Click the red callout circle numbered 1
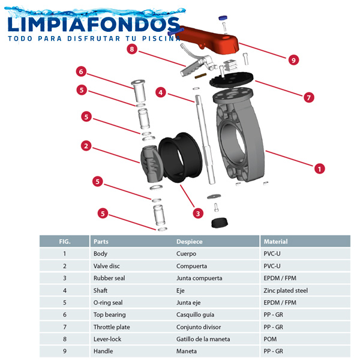pos(319,169)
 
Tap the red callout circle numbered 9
pos(293,60)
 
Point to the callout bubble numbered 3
pos(197,212)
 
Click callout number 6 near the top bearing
pos(81,72)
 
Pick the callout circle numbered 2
pos(86,146)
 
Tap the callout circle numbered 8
pos(131,50)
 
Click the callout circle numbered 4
pos(160,92)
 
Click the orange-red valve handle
pos(210,36)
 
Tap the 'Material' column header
pos(275,241)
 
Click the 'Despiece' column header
pos(189,241)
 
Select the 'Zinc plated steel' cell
pos(286,290)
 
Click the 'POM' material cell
pos(270,339)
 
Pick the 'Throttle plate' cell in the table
pos(112,327)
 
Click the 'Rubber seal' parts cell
pos(108,278)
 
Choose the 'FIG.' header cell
pos(64,241)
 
